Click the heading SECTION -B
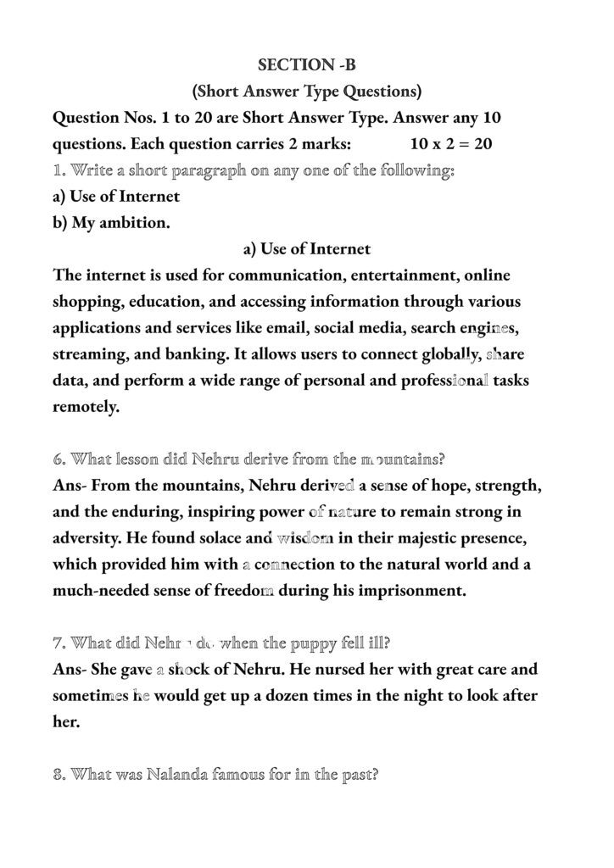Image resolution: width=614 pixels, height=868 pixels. click(306, 64)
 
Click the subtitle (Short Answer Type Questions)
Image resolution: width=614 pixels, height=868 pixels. click(306, 91)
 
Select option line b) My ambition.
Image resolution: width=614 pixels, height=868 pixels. click(111, 223)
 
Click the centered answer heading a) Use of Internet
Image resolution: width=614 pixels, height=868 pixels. click(306, 249)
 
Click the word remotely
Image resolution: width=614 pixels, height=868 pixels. click(86, 407)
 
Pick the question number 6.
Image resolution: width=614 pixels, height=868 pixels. click(59, 459)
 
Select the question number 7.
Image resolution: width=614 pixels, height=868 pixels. click(59, 643)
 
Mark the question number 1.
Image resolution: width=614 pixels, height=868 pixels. click(59, 170)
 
